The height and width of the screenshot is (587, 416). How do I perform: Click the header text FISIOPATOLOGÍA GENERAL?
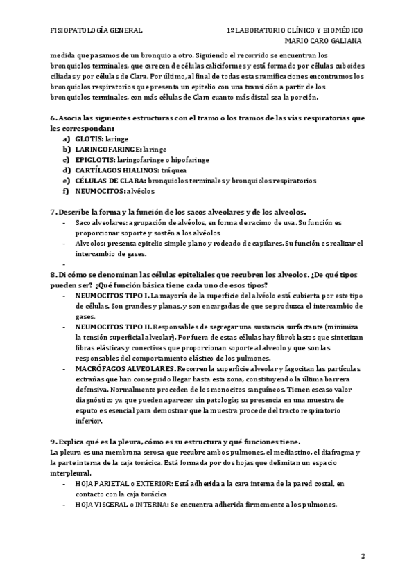(96, 31)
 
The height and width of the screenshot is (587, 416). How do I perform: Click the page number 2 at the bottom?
(363, 557)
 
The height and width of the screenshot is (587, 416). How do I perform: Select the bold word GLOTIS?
(88, 138)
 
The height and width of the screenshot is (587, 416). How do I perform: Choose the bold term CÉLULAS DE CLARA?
(105, 180)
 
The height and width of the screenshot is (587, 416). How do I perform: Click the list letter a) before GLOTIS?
(67, 138)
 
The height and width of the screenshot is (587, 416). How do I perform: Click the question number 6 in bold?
(53, 118)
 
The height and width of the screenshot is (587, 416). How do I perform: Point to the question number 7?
(53, 210)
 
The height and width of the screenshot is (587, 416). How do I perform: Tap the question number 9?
(53, 442)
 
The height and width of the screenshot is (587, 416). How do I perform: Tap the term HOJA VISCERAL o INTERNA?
(123, 505)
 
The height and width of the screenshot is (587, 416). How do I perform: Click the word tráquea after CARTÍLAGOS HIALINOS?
(173, 170)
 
